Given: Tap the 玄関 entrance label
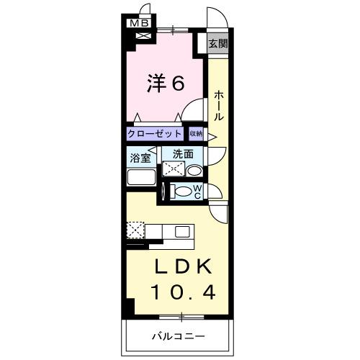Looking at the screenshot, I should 218,43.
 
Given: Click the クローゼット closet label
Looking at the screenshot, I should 156,134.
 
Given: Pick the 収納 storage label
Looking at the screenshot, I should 197,134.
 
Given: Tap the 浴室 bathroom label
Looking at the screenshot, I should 140,157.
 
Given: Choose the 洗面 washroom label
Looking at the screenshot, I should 182,154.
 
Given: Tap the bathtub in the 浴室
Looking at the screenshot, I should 142,178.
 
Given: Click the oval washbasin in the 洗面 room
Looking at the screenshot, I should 193,171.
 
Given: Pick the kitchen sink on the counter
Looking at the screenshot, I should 181,232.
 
